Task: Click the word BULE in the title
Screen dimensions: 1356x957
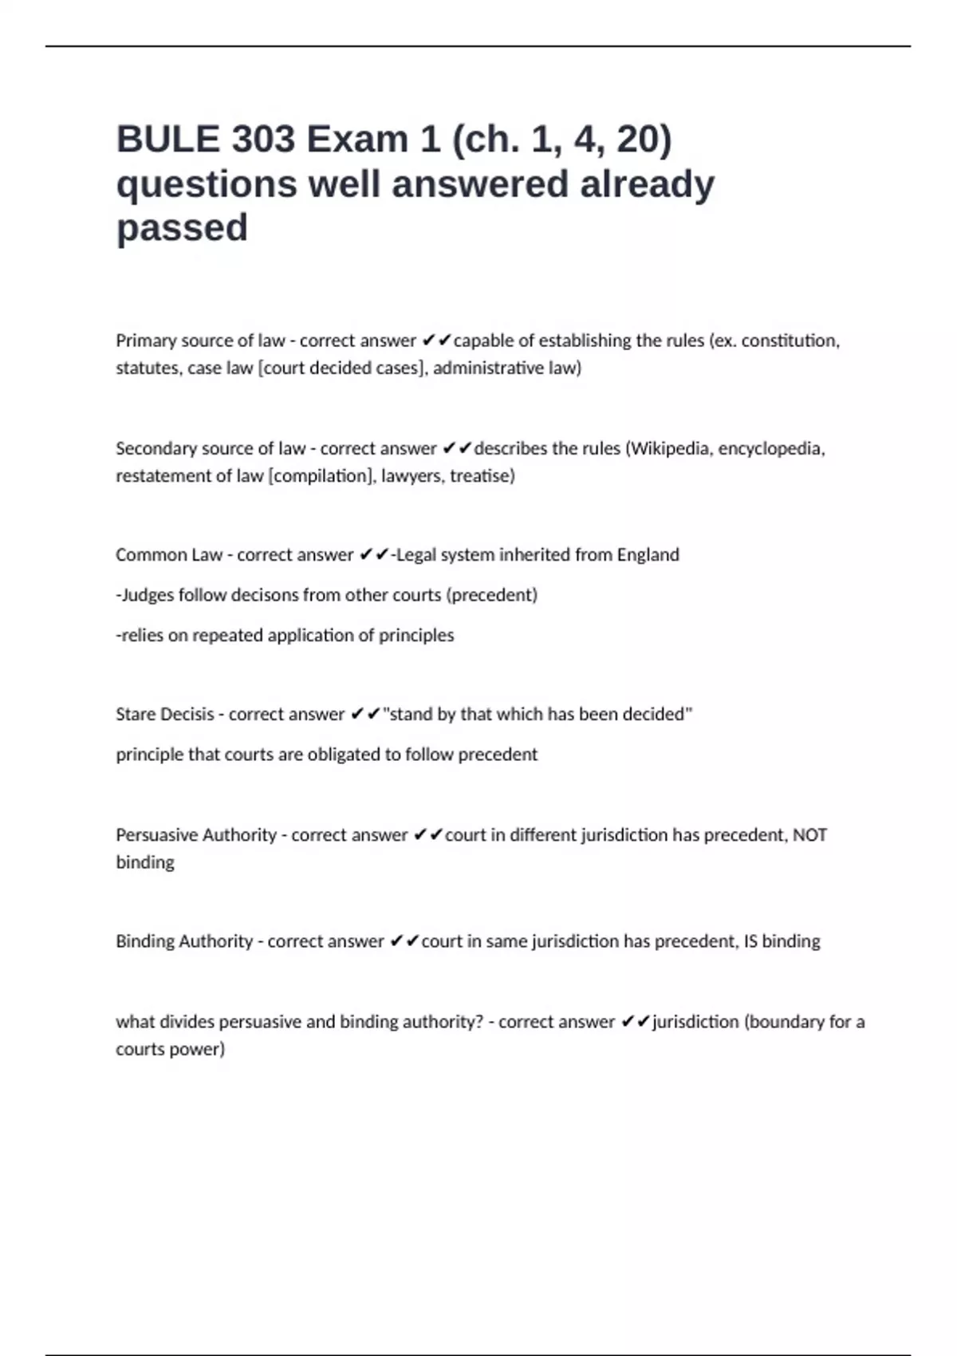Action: click(167, 140)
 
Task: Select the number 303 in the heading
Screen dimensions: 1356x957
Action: click(264, 140)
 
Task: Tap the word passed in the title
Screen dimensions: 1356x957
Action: click(182, 228)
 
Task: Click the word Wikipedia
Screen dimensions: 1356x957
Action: click(669, 448)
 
